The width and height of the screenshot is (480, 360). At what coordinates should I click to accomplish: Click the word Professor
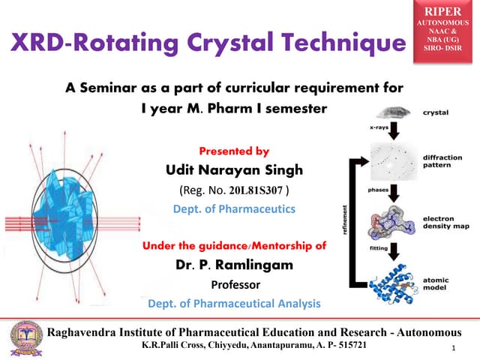pyautogui.click(x=234, y=285)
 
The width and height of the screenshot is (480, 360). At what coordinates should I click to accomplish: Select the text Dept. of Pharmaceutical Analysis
pyautogui.click(x=234, y=304)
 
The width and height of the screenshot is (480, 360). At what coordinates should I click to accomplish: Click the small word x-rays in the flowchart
pyautogui.click(x=378, y=128)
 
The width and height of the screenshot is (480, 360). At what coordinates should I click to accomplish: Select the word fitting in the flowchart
pyautogui.click(x=379, y=247)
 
